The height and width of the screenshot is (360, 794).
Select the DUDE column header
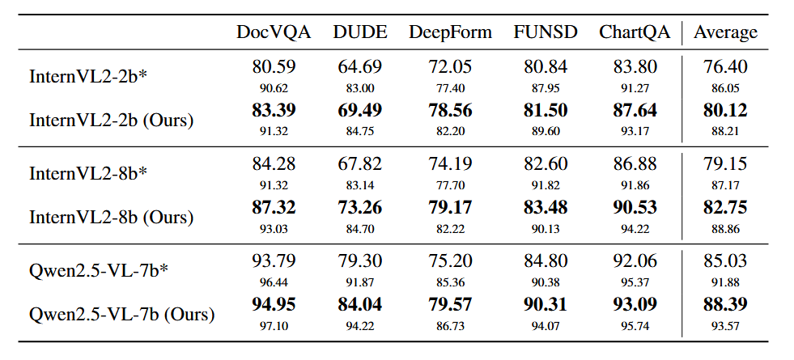pyautogui.click(x=360, y=32)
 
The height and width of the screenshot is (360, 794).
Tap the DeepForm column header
pyautogui.click(x=450, y=32)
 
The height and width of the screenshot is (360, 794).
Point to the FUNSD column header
pyautogui.click(x=546, y=32)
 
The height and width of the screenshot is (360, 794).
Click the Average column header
pyautogui.click(x=726, y=32)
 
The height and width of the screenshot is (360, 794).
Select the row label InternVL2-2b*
pyautogui.click(x=87, y=77)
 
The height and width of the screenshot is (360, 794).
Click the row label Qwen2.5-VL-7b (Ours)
pyautogui.click(x=122, y=315)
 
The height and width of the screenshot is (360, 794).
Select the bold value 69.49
pyautogui.click(x=360, y=111)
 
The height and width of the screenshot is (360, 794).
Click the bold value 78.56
pyautogui.click(x=450, y=111)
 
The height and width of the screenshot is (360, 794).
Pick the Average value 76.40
pyautogui.click(x=726, y=67)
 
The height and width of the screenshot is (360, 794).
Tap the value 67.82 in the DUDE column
pyautogui.click(x=360, y=165)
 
